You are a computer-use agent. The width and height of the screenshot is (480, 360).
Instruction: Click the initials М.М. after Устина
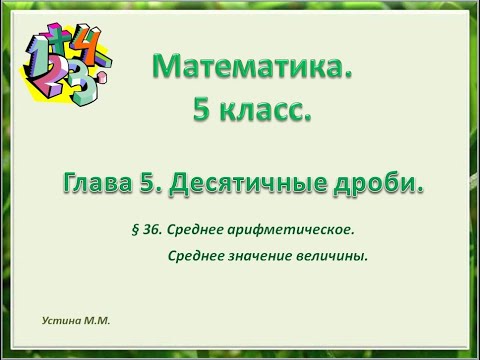point(96,322)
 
